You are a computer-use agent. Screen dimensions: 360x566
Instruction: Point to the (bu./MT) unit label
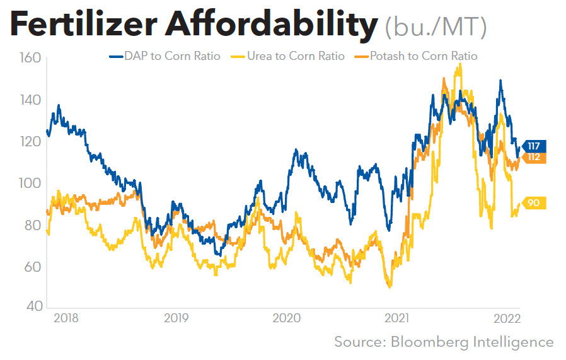tap(435, 27)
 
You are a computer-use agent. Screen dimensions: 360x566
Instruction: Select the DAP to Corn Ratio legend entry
tap(165, 56)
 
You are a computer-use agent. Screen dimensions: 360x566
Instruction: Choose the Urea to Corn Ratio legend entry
tap(298, 56)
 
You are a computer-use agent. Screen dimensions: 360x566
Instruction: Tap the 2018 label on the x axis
tap(66, 318)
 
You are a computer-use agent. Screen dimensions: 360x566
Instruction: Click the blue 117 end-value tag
tap(533, 146)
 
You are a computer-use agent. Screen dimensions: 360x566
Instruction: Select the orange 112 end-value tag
tap(533, 157)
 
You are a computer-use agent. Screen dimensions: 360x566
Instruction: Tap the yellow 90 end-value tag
tap(533, 203)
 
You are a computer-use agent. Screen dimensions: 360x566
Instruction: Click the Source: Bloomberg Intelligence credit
tap(444, 342)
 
